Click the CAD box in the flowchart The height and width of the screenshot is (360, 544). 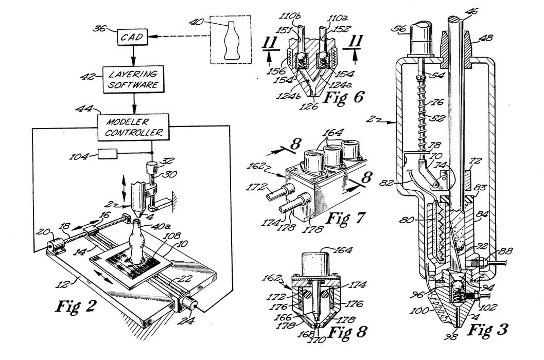point(133,37)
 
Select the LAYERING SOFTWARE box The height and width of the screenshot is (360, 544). point(134,79)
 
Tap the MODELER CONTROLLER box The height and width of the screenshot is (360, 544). point(134,127)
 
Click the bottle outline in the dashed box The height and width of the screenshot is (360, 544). point(231,40)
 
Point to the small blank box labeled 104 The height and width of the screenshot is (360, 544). point(108,154)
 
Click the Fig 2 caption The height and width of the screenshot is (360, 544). point(76,306)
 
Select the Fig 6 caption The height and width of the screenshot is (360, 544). point(343,97)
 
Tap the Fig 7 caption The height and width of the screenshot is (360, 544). point(346,218)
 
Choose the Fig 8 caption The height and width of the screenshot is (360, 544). point(347,332)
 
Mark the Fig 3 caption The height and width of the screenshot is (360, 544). point(487,330)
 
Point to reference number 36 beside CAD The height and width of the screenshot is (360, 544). point(99,28)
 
